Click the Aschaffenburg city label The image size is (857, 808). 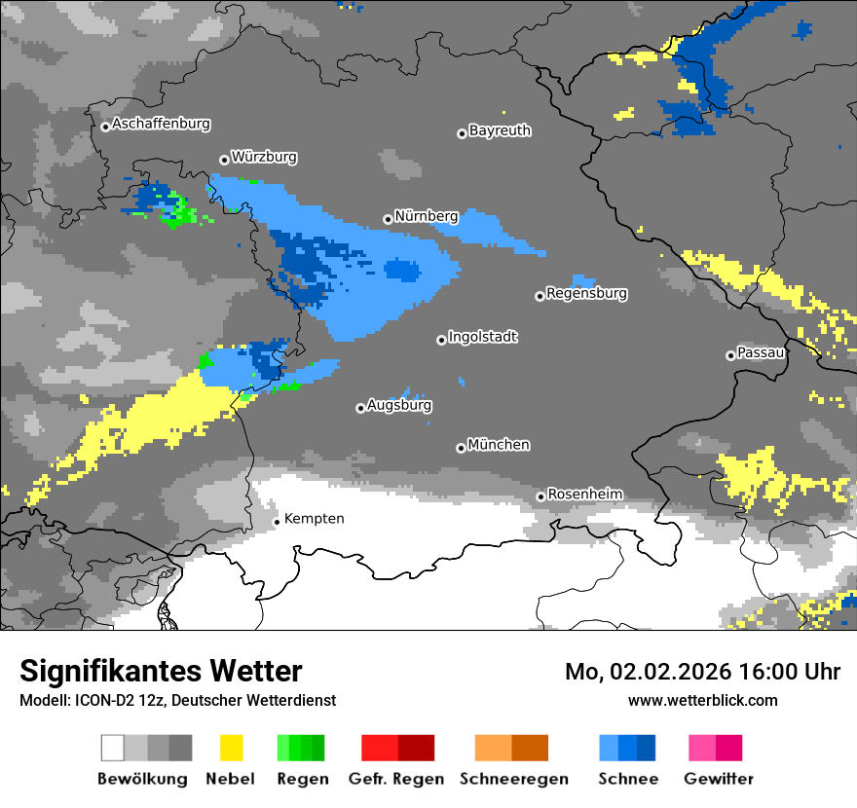161,125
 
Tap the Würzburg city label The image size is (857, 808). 264,157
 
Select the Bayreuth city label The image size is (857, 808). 500,130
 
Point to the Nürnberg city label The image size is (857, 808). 427,216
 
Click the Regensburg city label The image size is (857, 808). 586,293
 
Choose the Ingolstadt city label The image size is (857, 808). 483,338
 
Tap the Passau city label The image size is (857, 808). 761,352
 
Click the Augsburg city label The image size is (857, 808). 399,405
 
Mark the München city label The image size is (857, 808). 499,445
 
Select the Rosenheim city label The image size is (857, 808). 584,495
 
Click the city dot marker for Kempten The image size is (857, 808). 277,522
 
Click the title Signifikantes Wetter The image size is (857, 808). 161,672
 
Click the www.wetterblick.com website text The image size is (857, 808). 702,700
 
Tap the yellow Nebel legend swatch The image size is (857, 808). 231,748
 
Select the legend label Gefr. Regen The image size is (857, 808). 396,779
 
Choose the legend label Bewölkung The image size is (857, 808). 142,779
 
